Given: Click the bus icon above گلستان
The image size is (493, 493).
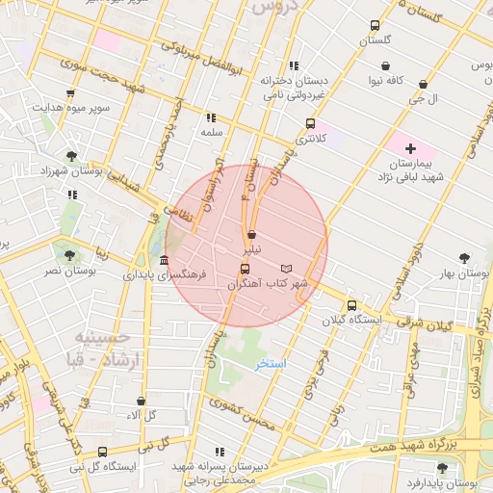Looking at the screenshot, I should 375,26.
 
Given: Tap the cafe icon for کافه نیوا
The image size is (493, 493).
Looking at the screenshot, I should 386,66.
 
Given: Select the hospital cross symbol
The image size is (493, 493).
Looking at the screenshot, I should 411,148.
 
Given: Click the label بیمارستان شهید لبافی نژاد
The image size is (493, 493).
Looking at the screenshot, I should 411,170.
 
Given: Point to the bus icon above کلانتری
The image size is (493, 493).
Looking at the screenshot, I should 310,123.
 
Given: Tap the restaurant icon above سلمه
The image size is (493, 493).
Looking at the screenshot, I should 211,117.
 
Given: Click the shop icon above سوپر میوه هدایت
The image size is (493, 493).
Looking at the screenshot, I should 70,93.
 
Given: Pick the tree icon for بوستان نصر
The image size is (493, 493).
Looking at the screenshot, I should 68,255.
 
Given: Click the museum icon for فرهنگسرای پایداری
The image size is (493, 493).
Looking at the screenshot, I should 165,261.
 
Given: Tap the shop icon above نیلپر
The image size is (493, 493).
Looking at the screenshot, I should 251,234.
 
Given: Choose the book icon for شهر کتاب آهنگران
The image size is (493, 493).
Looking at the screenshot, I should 286,268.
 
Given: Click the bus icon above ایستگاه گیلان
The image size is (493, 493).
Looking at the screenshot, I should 351,305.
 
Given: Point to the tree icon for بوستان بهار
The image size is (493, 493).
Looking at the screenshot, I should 466,258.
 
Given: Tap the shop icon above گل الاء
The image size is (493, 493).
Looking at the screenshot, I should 143,401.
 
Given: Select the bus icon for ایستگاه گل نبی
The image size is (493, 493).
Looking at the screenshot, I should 103,452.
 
